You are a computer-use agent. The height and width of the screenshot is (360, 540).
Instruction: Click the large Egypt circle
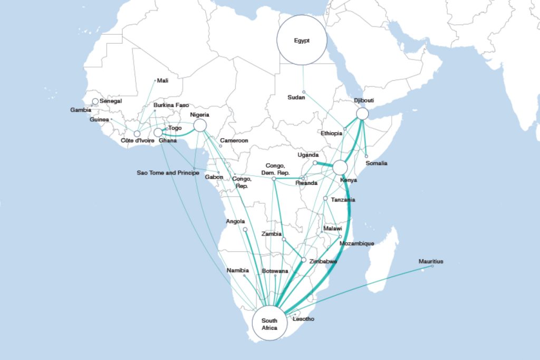coord(302,40)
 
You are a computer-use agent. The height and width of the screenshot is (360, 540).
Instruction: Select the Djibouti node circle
coord(362,113)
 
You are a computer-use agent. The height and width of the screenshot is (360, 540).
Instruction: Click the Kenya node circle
coord(340,168)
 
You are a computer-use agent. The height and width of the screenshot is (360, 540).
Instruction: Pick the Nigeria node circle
coord(200,125)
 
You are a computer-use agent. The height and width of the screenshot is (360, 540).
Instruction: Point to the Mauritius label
coord(431,261)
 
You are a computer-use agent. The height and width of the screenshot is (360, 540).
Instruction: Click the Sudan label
coord(296,98)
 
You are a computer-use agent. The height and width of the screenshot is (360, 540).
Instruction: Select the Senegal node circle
coord(95,101)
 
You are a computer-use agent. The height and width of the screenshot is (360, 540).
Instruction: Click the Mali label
coord(163,81)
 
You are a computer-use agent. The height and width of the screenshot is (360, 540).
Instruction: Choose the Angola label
coord(235,221)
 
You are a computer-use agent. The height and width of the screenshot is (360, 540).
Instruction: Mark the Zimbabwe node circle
coord(304,260)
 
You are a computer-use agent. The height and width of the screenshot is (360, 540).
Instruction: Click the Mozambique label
coord(357,244)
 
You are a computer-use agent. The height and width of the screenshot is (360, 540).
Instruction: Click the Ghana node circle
coord(158,132)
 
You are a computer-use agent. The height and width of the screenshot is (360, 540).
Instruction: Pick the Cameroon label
coord(234,141)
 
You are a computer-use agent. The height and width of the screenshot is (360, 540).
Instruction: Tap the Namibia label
coord(237,270)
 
